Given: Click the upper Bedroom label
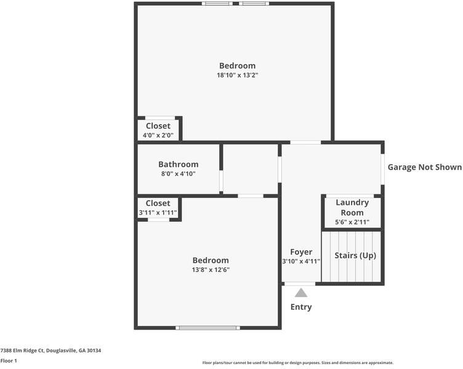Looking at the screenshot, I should [x=237, y=66].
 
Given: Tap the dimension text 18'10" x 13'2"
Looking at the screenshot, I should [x=237, y=76].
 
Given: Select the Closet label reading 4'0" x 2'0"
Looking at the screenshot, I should [x=158, y=126].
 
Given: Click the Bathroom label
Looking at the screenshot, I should [x=179, y=164].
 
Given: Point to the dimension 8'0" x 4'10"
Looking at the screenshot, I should [x=179, y=174].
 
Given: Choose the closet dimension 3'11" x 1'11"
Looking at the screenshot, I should [x=158, y=213].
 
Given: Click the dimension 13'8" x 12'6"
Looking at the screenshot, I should [x=211, y=269].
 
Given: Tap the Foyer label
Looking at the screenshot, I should [x=301, y=252].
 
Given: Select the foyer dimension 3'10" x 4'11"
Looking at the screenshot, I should [x=301, y=261].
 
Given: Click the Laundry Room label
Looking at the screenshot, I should [x=352, y=207].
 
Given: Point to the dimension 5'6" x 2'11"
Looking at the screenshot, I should [x=352, y=223].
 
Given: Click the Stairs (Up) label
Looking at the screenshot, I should [x=355, y=255].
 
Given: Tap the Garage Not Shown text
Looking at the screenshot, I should [x=424, y=167].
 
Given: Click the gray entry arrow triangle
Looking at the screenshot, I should [x=300, y=293].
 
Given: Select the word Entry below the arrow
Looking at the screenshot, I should [x=301, y=307].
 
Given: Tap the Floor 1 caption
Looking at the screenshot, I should [x=9, y=360].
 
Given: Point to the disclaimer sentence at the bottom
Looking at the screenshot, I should [x=297, y=363].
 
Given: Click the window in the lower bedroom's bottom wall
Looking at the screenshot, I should [x=204, y=327].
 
